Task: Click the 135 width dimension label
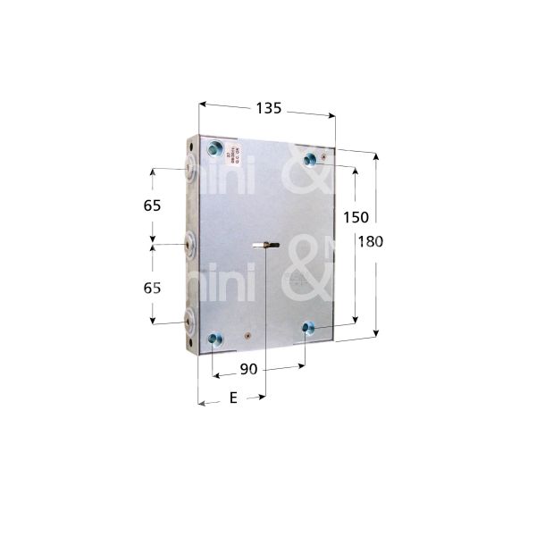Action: (268, 107)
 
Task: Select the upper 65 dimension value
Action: (152, 205)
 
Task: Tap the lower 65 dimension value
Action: (152, 288)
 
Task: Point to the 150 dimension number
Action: (356, 218)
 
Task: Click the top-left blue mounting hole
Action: (215, 147)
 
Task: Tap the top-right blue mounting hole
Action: (310, 159)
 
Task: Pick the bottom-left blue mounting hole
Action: (214, 338)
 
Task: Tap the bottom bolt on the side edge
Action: (191, 322)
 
